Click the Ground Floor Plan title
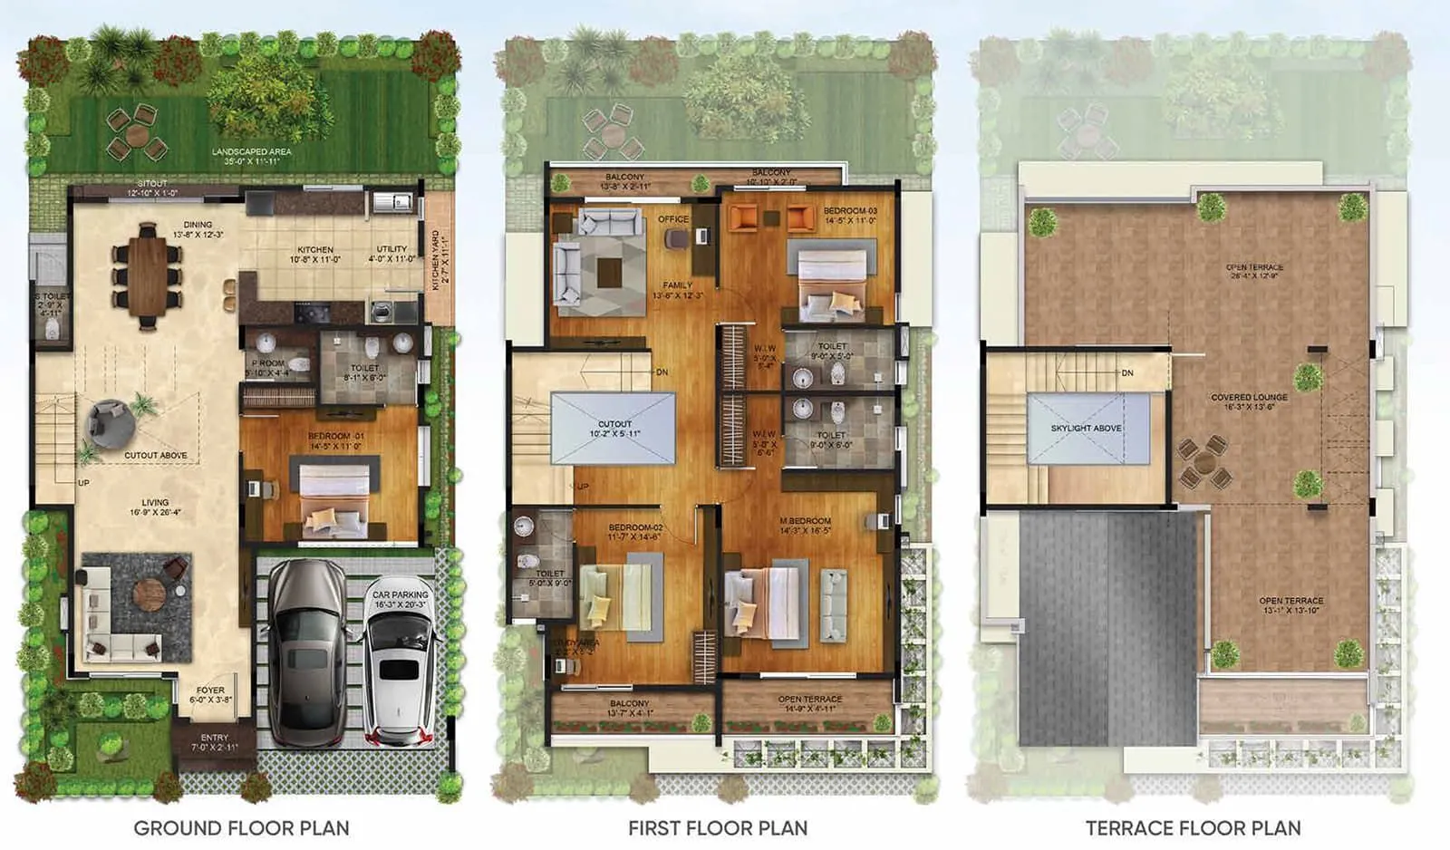click(241, 827)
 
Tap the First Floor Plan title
click(718, 827)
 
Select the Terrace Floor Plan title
click(1193, 827)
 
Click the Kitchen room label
click(315, 249)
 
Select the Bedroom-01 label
click(335, 436)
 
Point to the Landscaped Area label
click(251, 151)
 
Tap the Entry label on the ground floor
click(215, 738)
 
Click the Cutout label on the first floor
click(614, 424)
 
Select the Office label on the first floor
click(673, 219)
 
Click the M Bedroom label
click(805, 521)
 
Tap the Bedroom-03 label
click(850, 211)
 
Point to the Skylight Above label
click(1086, 428)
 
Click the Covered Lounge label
click(1249, 397)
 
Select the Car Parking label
click(400, 595)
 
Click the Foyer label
click(210, 691)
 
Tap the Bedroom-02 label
click(635, 527)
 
